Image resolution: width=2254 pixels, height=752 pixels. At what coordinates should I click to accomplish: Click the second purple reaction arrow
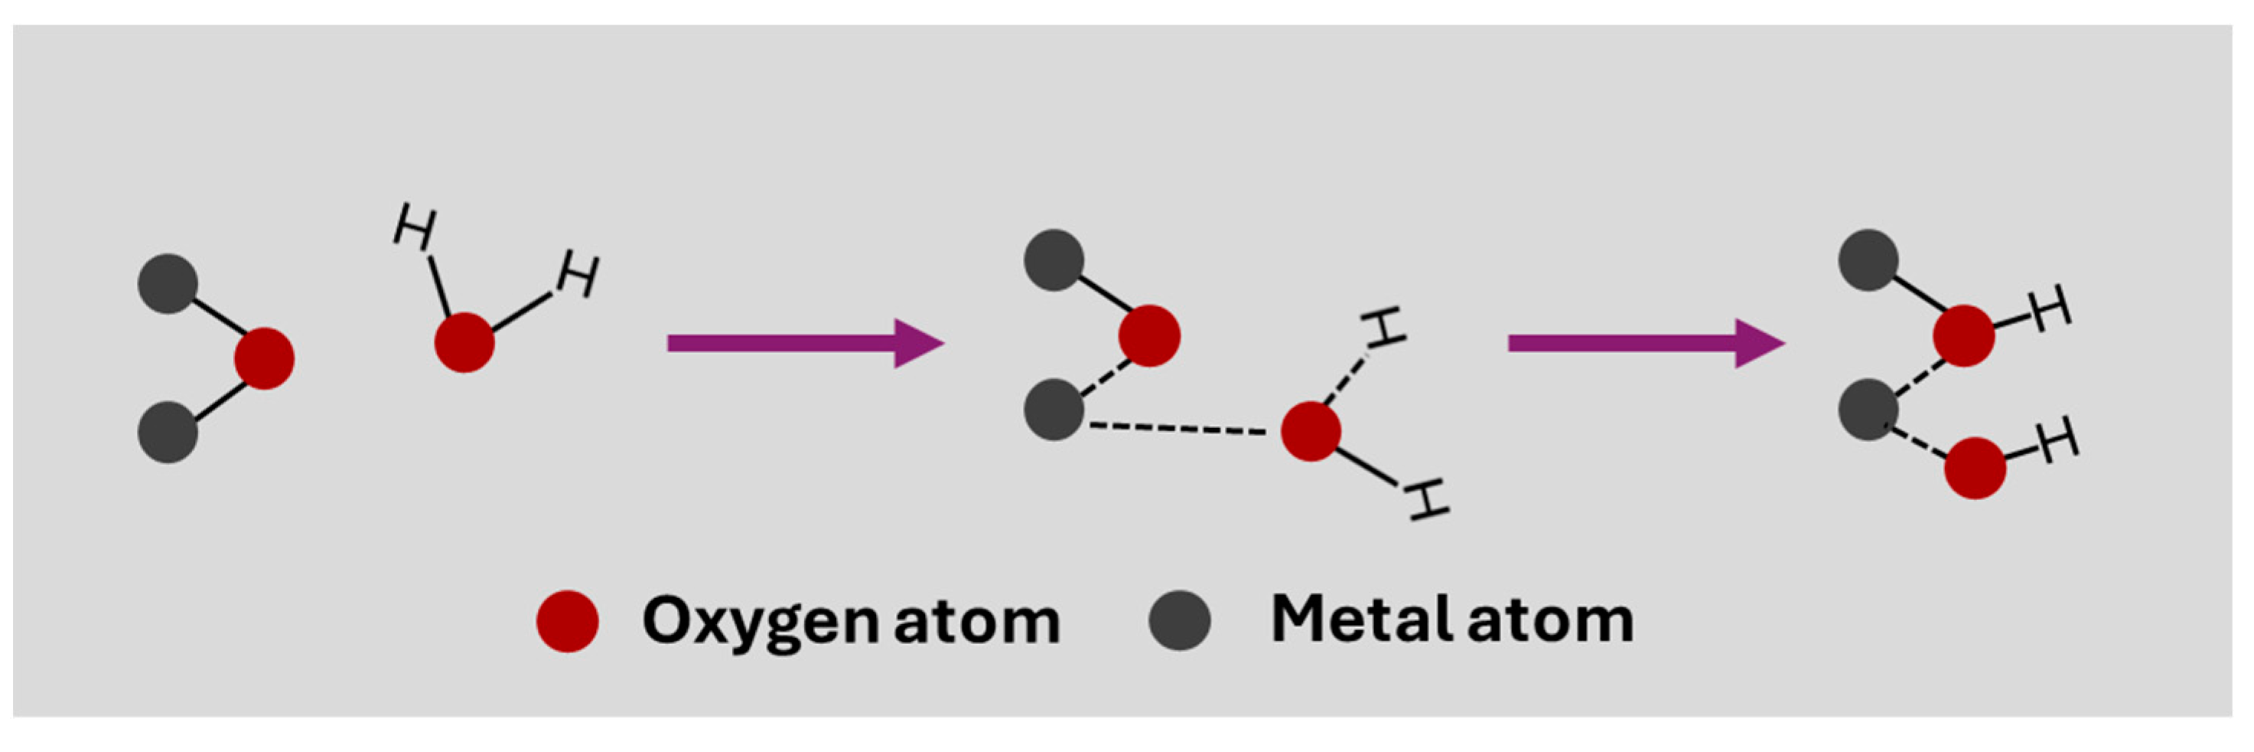[1645, 342]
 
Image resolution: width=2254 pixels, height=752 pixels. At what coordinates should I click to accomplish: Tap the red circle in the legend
[567, 621]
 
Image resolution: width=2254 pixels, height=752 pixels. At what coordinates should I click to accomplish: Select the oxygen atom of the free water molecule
[464, 342]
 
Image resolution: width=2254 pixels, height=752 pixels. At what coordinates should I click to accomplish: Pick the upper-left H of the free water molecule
[414, 226]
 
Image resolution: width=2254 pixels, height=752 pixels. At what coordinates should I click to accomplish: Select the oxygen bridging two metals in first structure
[263, 358]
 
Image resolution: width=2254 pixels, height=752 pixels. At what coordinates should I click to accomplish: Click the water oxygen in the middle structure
[1310, 430]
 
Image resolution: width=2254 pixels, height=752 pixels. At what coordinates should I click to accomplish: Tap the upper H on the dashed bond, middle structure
[1384, 328]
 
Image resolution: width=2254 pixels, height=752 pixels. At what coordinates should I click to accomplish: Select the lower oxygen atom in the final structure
[1974, 469]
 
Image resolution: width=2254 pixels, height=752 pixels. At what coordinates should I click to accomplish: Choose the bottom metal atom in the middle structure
[1054, 409]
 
